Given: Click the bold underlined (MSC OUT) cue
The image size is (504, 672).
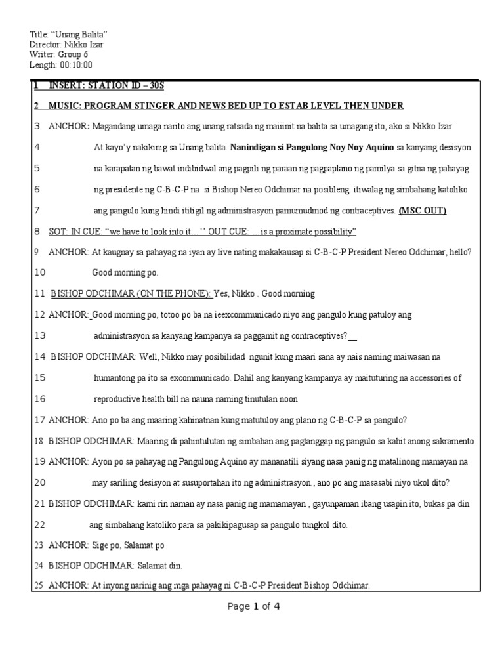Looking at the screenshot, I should (423, 210).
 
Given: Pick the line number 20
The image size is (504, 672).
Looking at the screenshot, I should (39, 483).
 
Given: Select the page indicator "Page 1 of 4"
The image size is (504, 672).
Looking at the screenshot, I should (254, 606).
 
